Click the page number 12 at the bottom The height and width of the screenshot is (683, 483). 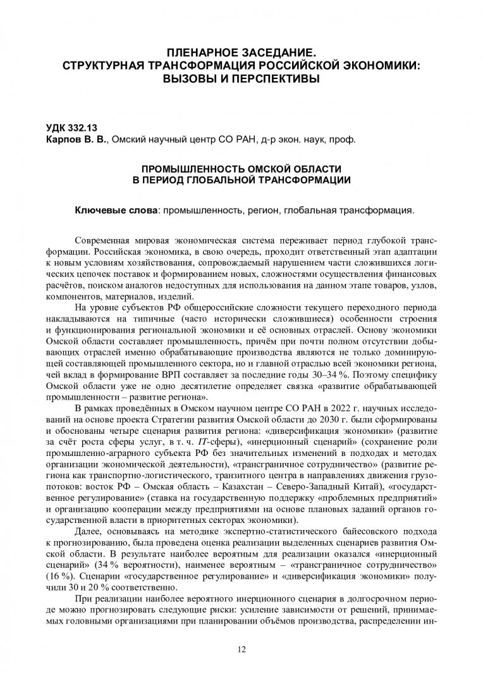241,649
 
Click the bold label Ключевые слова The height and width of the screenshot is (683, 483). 116,209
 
